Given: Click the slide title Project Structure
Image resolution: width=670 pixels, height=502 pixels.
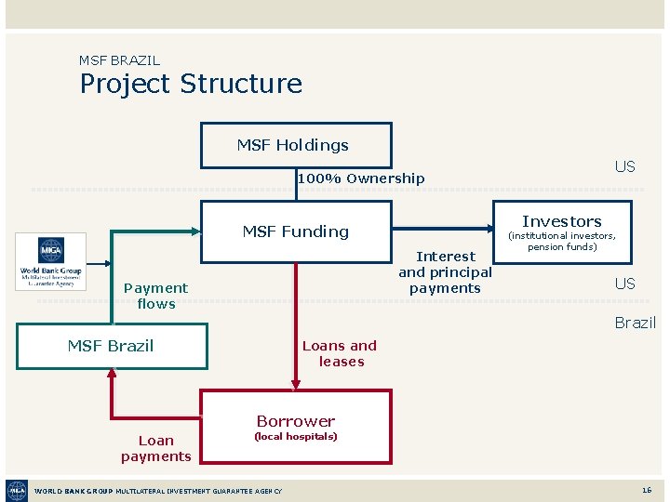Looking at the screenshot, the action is pyautogui.click(x=191, y=84).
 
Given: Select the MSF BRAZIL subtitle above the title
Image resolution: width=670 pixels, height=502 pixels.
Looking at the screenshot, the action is pyautogui.click(x=119, y=60).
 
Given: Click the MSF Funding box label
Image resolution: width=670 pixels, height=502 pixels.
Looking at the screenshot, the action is pyautogui.click(x=296, y=231).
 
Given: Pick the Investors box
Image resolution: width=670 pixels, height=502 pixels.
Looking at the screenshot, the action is pyautogui.click(x=562, y=229).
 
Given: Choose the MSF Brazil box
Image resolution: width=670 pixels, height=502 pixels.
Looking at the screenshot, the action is pyautogui.click(x=111, y=346).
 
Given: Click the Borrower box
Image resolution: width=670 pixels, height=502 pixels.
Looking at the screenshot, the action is pyautogui.click(x=296, y=427).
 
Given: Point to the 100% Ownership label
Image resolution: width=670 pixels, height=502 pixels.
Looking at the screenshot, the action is pyautogui.click(x=361, y=178).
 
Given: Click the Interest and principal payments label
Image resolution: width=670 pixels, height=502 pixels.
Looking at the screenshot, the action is pyautogui.click(x=445, y=271).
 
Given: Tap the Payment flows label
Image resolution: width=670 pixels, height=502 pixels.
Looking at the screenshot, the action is pyautogui.click(x=155, y=296).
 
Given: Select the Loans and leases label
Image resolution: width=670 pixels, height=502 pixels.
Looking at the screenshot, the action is pyautogui.click(x=340, y=353).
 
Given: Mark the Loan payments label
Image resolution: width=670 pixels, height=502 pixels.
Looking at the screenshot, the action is pyautogui.click(x=155, y=448).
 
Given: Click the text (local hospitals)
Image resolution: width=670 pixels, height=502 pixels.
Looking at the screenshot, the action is pyautogui.click(x=296, y=437).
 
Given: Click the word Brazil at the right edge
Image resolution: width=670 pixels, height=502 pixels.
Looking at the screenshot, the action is pyautogui.click(x=635, y=323).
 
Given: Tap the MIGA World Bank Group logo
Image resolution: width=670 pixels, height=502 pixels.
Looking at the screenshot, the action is pyautogui.click(x=51, y=261).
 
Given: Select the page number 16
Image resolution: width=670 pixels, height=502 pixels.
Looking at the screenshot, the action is pyautogui.click(x=646, y=490).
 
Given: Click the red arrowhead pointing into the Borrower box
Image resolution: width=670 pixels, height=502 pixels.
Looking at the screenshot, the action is pyautogui.click(x=296, y=382).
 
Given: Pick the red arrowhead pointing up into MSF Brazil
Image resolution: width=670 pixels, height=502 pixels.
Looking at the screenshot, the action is pyautogui.click(x=112, y=374).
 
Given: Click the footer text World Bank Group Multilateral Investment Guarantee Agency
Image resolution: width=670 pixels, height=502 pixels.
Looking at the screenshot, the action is pyautogui.click(x=158, y=491).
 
